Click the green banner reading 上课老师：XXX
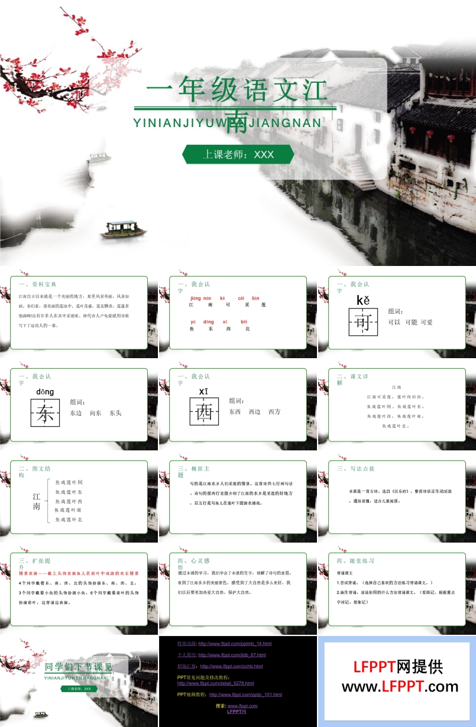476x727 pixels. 238,154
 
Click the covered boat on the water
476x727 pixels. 123,229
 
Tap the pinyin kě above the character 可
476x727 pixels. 362,300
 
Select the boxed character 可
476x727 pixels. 362,322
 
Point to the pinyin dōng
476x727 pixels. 45,392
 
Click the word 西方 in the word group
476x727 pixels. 274,411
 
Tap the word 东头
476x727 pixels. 115,413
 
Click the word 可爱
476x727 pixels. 423,322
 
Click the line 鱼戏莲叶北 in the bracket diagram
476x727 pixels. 69,520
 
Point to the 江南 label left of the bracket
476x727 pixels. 37,502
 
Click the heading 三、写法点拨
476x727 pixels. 355,469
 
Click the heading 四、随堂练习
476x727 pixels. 355,560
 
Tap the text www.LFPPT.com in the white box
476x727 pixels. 400,687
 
